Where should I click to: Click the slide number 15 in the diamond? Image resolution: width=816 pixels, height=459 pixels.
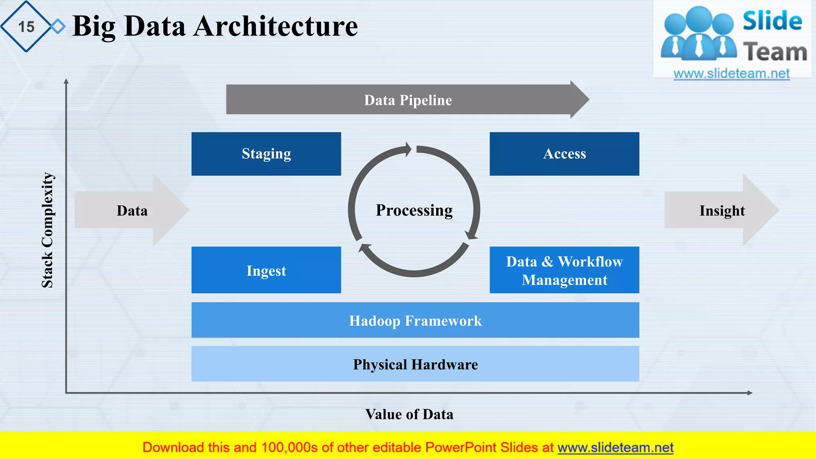tap(26, 27)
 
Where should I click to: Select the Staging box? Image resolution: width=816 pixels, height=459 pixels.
tap(266, 154)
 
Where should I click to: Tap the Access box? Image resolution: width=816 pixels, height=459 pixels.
tap(564, 154)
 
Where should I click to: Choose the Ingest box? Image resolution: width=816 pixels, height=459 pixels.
tap(266, 270)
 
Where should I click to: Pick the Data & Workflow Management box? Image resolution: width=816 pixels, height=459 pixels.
tap(564, 270)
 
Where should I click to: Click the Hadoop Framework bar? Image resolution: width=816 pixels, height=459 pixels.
tap(415, 320)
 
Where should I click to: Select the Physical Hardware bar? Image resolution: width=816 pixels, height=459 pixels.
tap(415, 364)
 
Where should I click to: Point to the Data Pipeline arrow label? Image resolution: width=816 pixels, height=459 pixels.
tap(408, 100)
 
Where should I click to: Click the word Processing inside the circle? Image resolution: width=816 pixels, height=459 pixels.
tap(414, 210)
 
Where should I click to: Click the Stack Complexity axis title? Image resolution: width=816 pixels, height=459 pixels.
tap(48, 230)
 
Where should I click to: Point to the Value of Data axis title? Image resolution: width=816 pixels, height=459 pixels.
tap(409, 414)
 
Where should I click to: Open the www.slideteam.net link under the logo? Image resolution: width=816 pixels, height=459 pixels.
tap(732, 73)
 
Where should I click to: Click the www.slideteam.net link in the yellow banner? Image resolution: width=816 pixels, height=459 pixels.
tap(615, 447)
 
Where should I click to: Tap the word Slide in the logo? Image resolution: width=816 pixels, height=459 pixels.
tap(772, 21)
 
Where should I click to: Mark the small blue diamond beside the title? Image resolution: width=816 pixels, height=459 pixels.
tap(58, 27)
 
